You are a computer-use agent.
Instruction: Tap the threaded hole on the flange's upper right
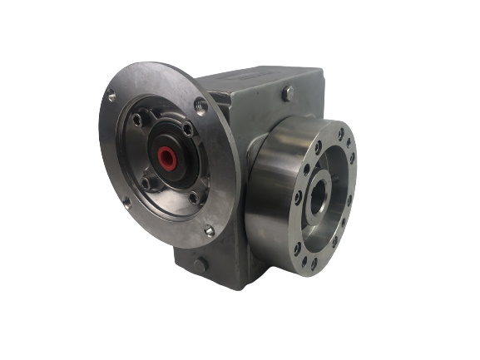(x=200, y=105)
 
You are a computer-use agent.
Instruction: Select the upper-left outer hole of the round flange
(x=111, y=96)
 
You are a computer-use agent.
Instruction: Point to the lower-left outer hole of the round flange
(x=126, y=201)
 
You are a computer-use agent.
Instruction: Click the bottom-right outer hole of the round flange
(x=209, y=232)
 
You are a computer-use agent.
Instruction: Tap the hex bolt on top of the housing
(x=287, y=94)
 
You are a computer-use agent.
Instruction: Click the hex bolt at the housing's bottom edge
(x=200, y=264)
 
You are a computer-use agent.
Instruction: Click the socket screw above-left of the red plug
(x=137, y=121)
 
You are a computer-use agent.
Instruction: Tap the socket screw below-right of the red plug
(x=194, y=197)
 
